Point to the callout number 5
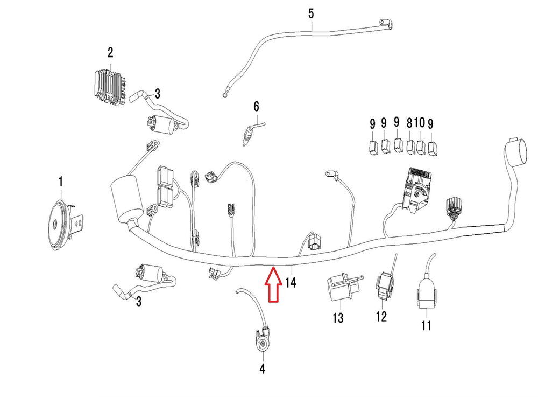coord(311,13)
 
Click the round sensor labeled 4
coord(263,343)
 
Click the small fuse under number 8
coord(411,145)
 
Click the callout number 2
coord(110,53)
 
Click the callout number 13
coord(337,318)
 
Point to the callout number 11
coord(426,325)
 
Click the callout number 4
coord(263,369)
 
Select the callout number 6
coord(256,105)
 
